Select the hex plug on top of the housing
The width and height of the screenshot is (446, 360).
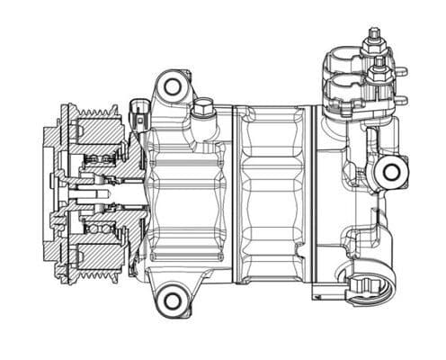202,112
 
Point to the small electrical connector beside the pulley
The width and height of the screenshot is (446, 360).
137,114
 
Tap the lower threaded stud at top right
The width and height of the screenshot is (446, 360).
381,66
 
